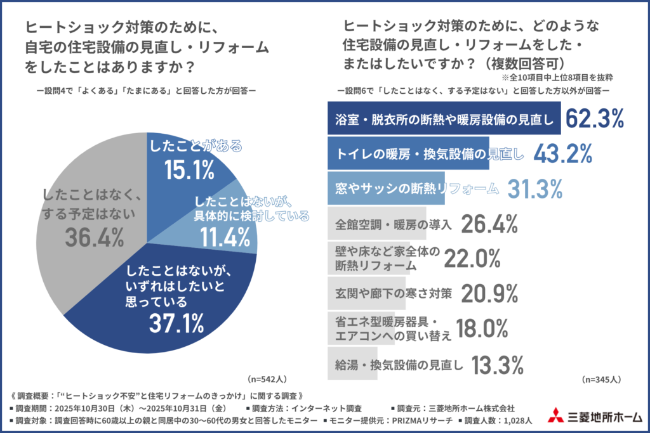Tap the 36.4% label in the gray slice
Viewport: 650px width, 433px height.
95,238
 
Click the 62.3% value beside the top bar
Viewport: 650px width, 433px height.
595,119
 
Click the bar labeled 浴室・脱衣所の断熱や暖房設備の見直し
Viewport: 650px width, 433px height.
444,119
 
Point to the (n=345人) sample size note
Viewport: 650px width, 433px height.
600,380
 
